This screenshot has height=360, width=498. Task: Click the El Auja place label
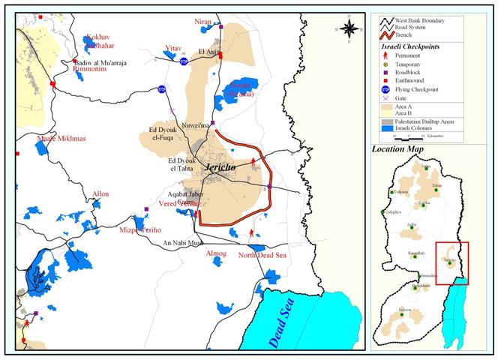(x=209, y=52)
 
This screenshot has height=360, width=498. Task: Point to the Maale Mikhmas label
(x=61, y=139)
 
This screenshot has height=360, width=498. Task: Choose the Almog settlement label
(x=216, y=254)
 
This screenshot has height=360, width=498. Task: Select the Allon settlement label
(x=100, y=194)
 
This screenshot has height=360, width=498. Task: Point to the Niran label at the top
(x=204, y=22)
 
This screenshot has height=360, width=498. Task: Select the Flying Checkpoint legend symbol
(x=386, y=97)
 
